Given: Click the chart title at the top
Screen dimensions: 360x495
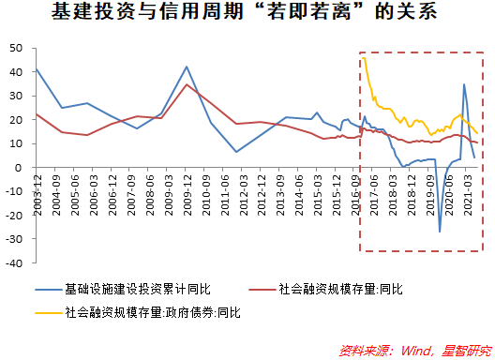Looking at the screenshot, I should pos(247,13).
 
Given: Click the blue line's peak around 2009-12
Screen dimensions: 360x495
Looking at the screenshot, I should pos(187,67).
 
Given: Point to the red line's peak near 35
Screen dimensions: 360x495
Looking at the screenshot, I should pos(187,85).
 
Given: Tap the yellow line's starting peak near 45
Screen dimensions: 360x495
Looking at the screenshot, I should pos(363,58).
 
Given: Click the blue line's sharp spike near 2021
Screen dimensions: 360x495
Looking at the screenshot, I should pos(464,84).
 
